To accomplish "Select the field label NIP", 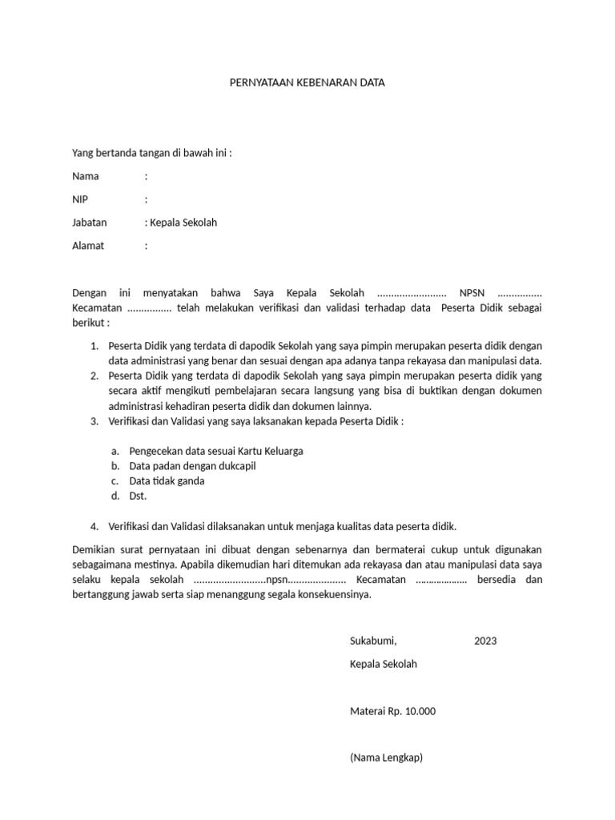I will click(x=80, y=199).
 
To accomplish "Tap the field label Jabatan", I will click(x=89, y=223).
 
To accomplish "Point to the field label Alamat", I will click(x=88, y=246).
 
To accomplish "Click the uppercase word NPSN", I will click(x=473, y=293).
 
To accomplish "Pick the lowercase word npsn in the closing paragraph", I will click(x=276, y=580).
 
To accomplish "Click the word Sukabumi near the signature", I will click(x=372, y=641).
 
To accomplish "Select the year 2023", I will click(x=485, y=641).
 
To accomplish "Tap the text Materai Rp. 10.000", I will click(x=392, y=711).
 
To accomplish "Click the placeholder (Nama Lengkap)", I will click(x=386, y=758).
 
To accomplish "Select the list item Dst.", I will click(x=137, y=496).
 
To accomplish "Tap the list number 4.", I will click(x=94, y=526).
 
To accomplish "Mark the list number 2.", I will click(x=94, y=376).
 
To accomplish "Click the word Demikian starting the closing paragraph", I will click(x=94, y=549).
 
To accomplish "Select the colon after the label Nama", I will click(x=146, y=176).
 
